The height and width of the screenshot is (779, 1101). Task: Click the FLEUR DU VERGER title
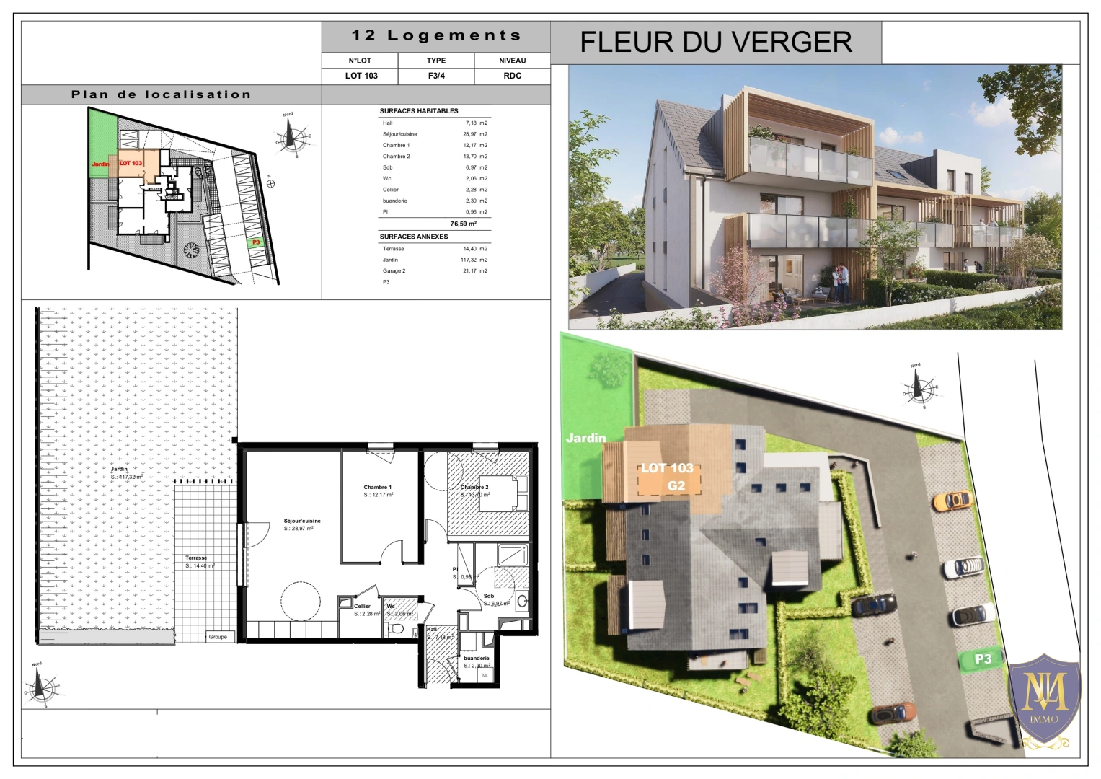point(715,42)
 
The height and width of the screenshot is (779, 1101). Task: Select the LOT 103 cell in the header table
point(361,76)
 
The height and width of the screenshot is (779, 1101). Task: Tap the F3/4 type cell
point(436,76)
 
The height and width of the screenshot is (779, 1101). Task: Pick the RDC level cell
point(512,76)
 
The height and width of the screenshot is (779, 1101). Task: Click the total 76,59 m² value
point(463,224)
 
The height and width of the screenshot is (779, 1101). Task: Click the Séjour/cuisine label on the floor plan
point(302,521)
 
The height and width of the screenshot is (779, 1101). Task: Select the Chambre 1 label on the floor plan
point(377,488)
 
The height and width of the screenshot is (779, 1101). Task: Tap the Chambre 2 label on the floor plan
point(474,488)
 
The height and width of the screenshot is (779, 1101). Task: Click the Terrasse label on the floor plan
point(196,558)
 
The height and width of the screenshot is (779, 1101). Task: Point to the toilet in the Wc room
point(394,630)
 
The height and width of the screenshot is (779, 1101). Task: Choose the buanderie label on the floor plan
point(477,658)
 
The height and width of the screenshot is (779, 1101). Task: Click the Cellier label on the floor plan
point(362,607)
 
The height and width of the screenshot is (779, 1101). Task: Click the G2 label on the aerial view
point(676,485)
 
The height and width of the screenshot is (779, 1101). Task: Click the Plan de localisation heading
point(161,94)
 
